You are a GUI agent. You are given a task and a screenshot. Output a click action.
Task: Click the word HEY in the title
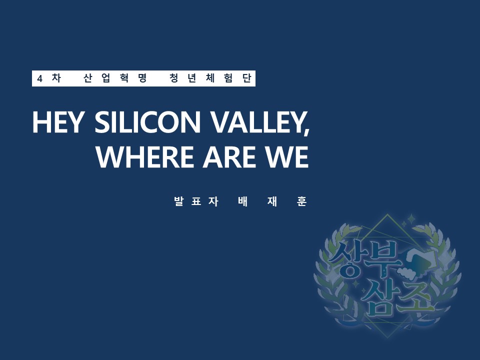(57, 122)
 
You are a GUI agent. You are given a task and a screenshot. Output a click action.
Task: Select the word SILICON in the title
(147, 122)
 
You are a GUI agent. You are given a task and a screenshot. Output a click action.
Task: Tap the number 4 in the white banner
(39, 78)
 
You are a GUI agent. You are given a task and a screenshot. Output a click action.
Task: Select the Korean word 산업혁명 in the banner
(115, 78)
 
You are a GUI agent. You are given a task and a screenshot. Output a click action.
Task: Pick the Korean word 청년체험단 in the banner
(210, 78)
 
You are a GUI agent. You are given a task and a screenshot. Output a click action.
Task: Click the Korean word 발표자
(196, 201)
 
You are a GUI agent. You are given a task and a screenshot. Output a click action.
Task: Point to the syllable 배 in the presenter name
(243, 201)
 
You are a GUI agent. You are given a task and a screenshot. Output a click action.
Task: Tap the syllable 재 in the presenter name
(272, 201)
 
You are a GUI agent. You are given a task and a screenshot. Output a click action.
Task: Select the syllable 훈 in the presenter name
(301, 201)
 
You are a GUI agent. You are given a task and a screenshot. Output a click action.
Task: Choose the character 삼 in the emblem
(379, 298)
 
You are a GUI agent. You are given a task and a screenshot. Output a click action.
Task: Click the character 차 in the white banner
(56, 78)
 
